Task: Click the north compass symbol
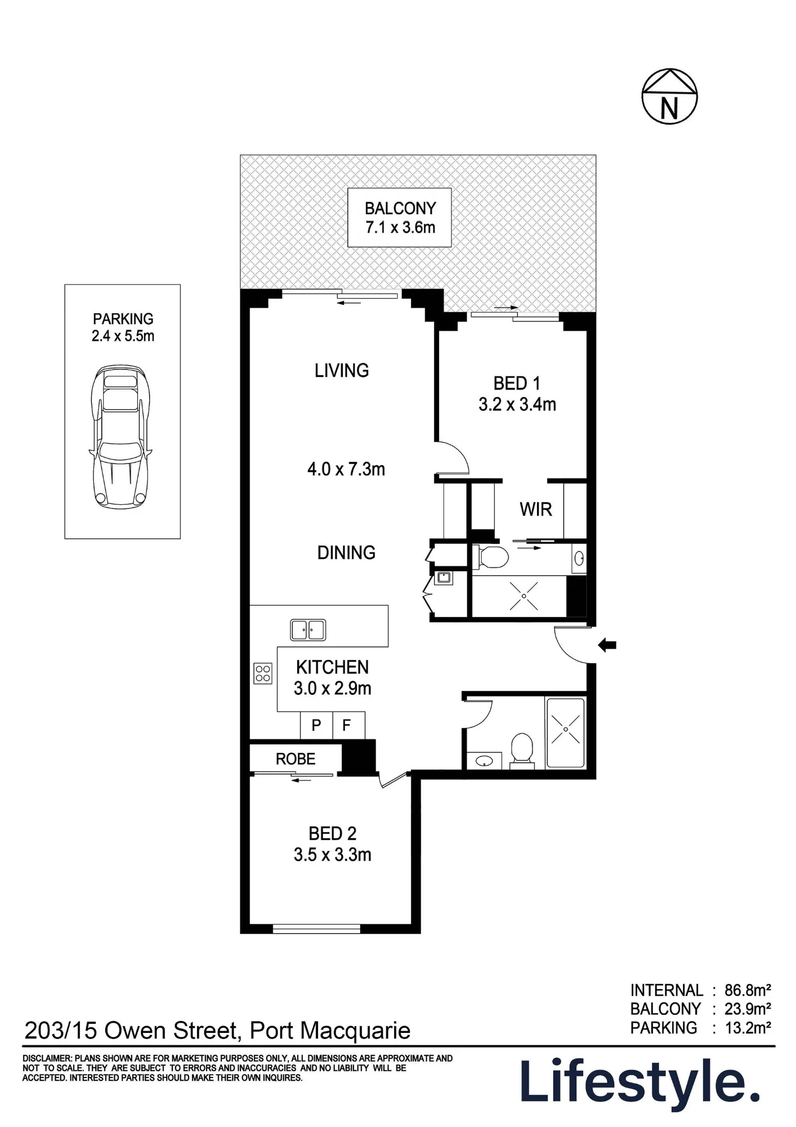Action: pos(669,96)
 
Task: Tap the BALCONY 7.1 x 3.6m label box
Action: pos(400,218)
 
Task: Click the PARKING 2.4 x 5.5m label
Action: pos(123,327)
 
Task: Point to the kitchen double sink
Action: pos(308,629)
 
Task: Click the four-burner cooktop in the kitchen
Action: pos(263,673)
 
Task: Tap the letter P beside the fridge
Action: pos(316,725)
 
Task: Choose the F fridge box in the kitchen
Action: pos(348,725)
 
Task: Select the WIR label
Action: pos(536,509)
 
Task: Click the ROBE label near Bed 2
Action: pos(296,759)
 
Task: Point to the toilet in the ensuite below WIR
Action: pos(490,557)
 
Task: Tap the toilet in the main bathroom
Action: pos(522,751)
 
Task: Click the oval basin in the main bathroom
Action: pos(484,761)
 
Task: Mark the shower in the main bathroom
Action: pos(566,733)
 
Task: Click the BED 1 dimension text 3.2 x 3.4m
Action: pos(517,405)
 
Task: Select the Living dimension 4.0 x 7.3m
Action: pos(346,469)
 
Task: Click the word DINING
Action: pos(346,553)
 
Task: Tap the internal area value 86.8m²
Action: pos(748,991)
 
